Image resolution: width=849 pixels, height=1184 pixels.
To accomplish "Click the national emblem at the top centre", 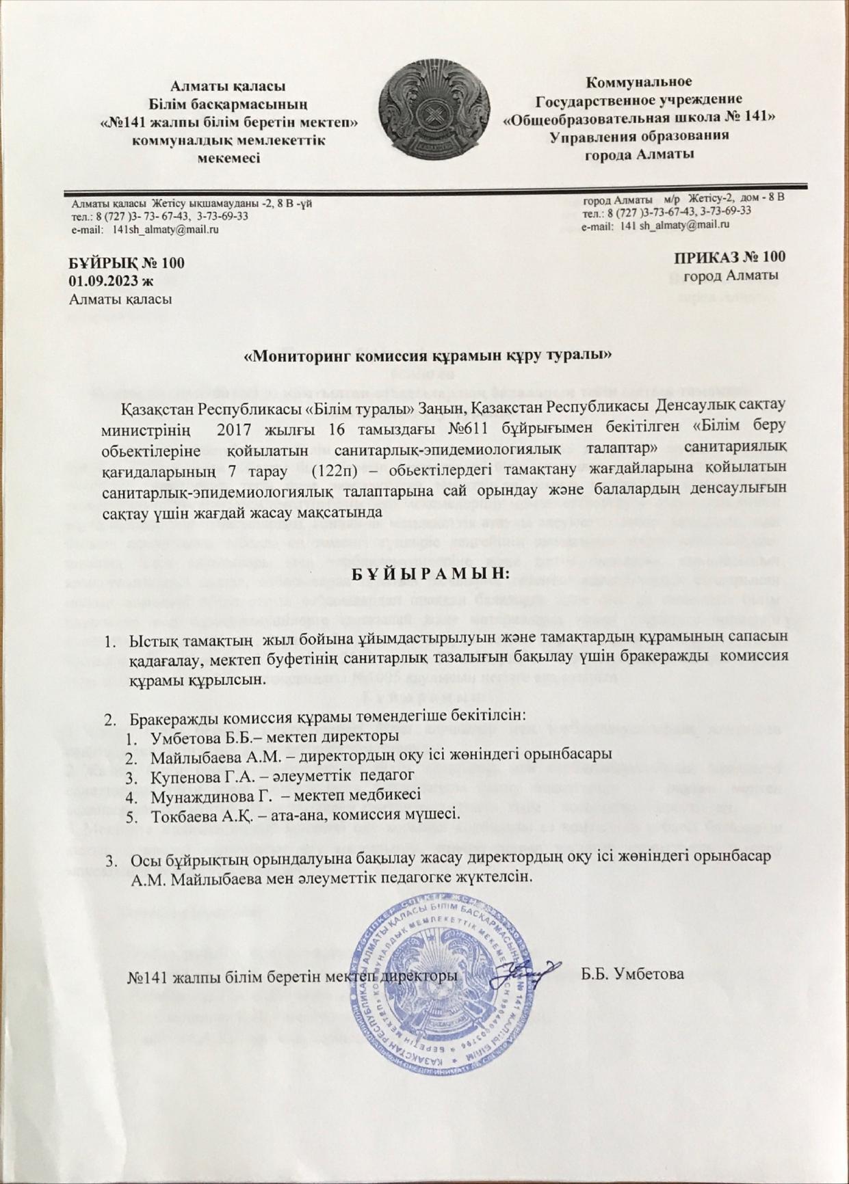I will [434, 110].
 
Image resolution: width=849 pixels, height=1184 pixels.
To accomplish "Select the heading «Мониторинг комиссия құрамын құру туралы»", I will [428, 355].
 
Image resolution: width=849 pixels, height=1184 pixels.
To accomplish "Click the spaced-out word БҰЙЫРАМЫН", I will [431, 573].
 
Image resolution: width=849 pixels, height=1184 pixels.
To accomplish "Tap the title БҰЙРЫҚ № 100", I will [127, 263].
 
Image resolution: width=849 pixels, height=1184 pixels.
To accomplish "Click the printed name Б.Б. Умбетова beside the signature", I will [632, 974].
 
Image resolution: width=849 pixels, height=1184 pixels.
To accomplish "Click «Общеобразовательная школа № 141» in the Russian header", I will [640, 118].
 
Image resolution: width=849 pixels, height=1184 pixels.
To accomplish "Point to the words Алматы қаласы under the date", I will [120, 299].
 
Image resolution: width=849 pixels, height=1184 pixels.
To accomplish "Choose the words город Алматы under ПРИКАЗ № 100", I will [731, 275].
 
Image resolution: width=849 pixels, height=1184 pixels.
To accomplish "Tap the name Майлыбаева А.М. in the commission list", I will [212, 756].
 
